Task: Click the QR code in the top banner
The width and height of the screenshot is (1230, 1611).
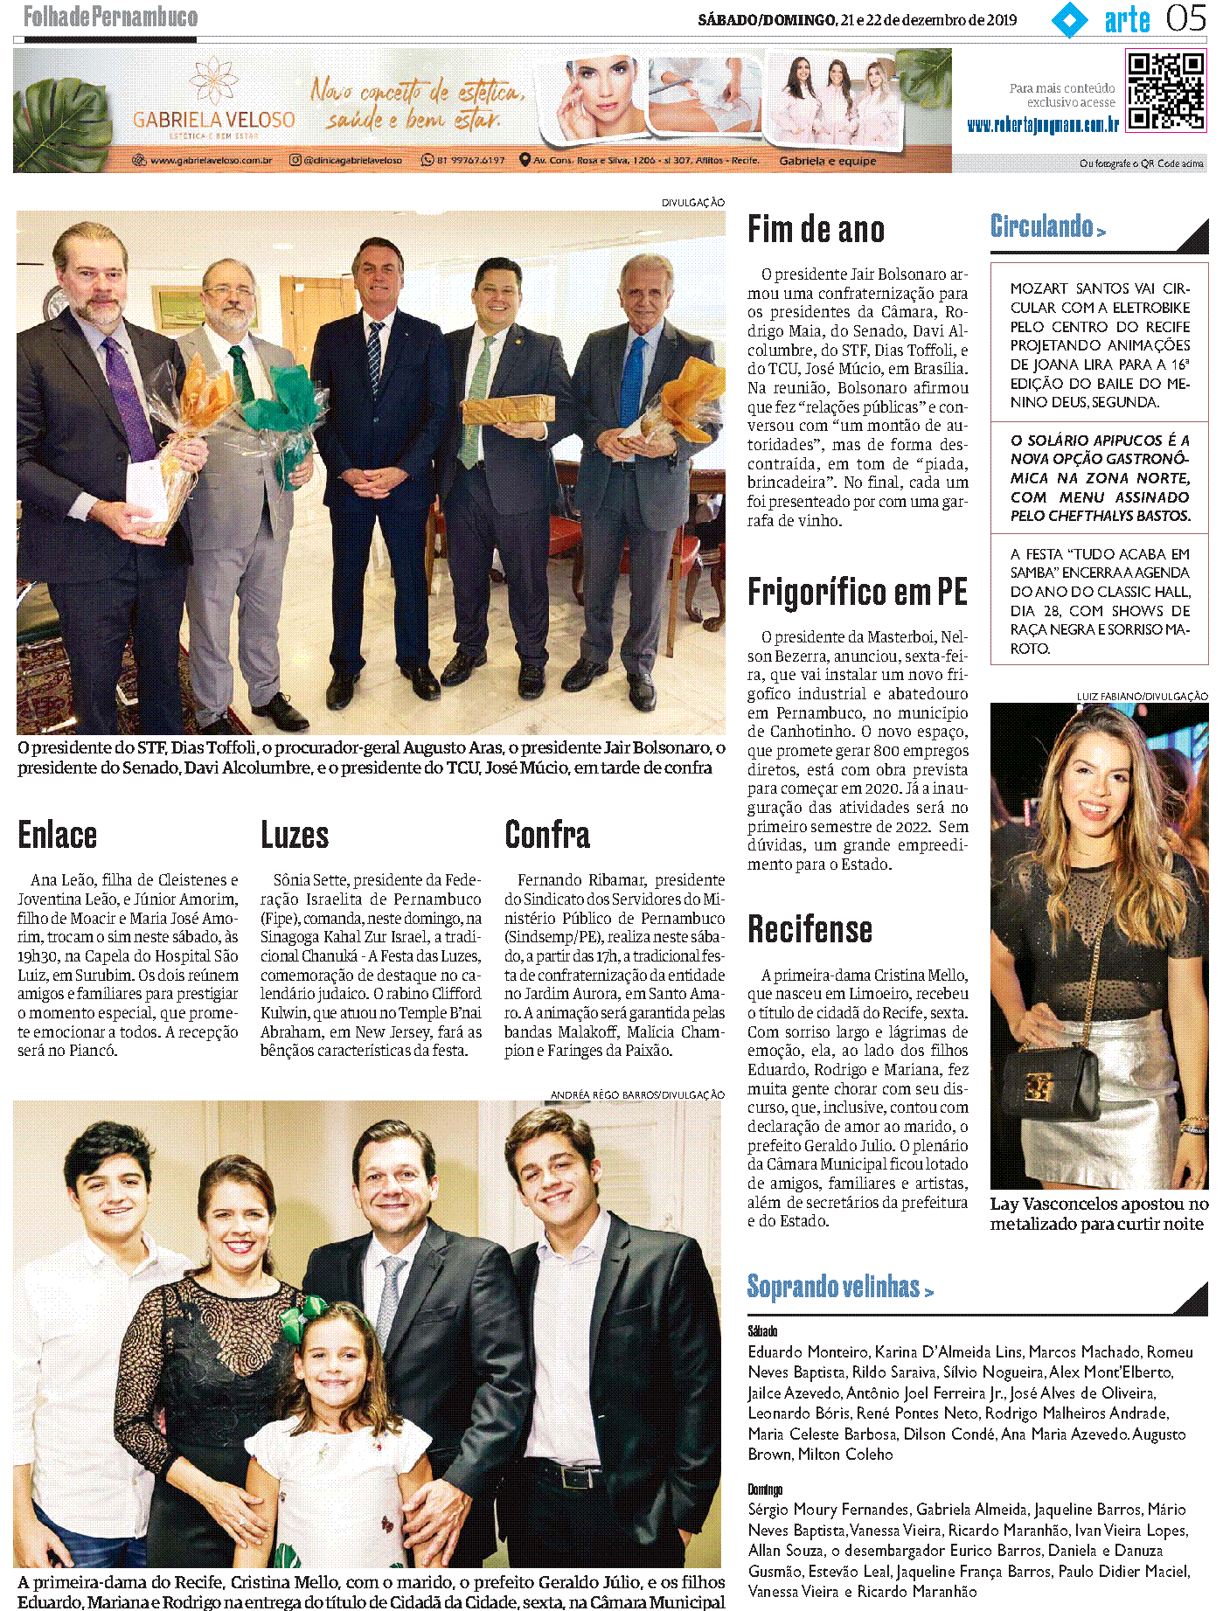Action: click(x=1165, y=91)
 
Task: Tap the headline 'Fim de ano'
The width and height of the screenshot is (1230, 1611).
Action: click(x=816, y=230)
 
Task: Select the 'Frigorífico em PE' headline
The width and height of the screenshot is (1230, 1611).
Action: click(x=857, y=593)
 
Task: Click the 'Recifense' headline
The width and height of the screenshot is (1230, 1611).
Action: click(x=810, y=929)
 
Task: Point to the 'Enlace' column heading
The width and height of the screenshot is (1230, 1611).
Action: click(x=58, y=835)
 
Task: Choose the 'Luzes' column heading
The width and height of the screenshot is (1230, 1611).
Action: click(x=295, y=835)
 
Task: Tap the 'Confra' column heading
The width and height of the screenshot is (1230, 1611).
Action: click(x=547, y=835)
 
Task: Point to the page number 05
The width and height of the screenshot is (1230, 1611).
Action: click(x=1185, y=18)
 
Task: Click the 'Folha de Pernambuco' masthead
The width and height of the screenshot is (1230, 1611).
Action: click(x=110, y=17)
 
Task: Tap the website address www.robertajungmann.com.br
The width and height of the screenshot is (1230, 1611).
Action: click(x=1042, y=125)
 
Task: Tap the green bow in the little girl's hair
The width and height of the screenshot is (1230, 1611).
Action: click(x=314, y=1311)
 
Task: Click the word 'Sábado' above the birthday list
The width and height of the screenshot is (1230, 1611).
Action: click(x=762, y=1330)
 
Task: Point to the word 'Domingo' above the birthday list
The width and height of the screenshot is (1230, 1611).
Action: click(x=765, y=1489)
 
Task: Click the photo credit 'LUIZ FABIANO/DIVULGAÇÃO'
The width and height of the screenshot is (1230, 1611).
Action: click(x=1142, y=696)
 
